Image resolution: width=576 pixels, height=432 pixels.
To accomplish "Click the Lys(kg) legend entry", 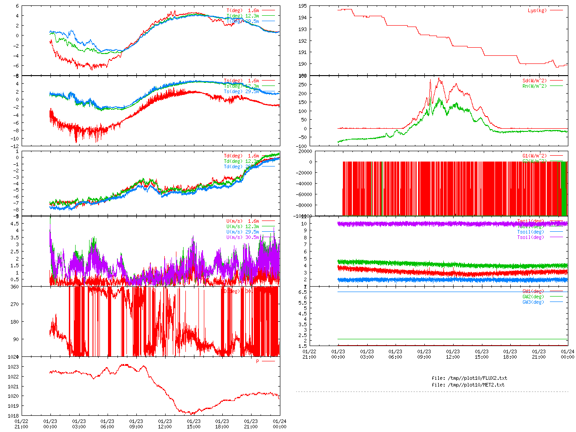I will [537, 10].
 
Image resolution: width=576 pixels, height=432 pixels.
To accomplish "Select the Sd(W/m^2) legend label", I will [535, 81].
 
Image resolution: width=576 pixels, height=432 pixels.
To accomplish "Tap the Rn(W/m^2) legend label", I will [535, 86].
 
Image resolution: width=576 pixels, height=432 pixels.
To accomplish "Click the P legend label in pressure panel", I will [258, 361].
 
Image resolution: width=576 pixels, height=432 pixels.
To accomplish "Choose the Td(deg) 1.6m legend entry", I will [242, 156].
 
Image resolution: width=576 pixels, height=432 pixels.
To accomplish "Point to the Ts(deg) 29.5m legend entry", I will [242, 91].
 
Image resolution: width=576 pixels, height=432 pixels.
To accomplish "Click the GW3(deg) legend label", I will [533, 302].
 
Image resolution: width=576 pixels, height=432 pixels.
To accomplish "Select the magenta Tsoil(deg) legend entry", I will [531, 237].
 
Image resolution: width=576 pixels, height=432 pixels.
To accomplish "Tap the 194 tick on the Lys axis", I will [302, 18].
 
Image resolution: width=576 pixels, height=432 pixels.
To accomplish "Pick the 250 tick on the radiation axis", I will [302, 85].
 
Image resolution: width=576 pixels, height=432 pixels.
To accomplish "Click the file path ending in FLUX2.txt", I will [469, 378].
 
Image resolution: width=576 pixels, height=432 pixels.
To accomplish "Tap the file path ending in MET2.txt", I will [468, 385].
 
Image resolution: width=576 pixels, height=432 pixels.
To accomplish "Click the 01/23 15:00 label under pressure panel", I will [193, 424].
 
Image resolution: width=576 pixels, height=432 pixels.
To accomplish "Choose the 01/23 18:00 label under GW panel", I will [510, 354].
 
